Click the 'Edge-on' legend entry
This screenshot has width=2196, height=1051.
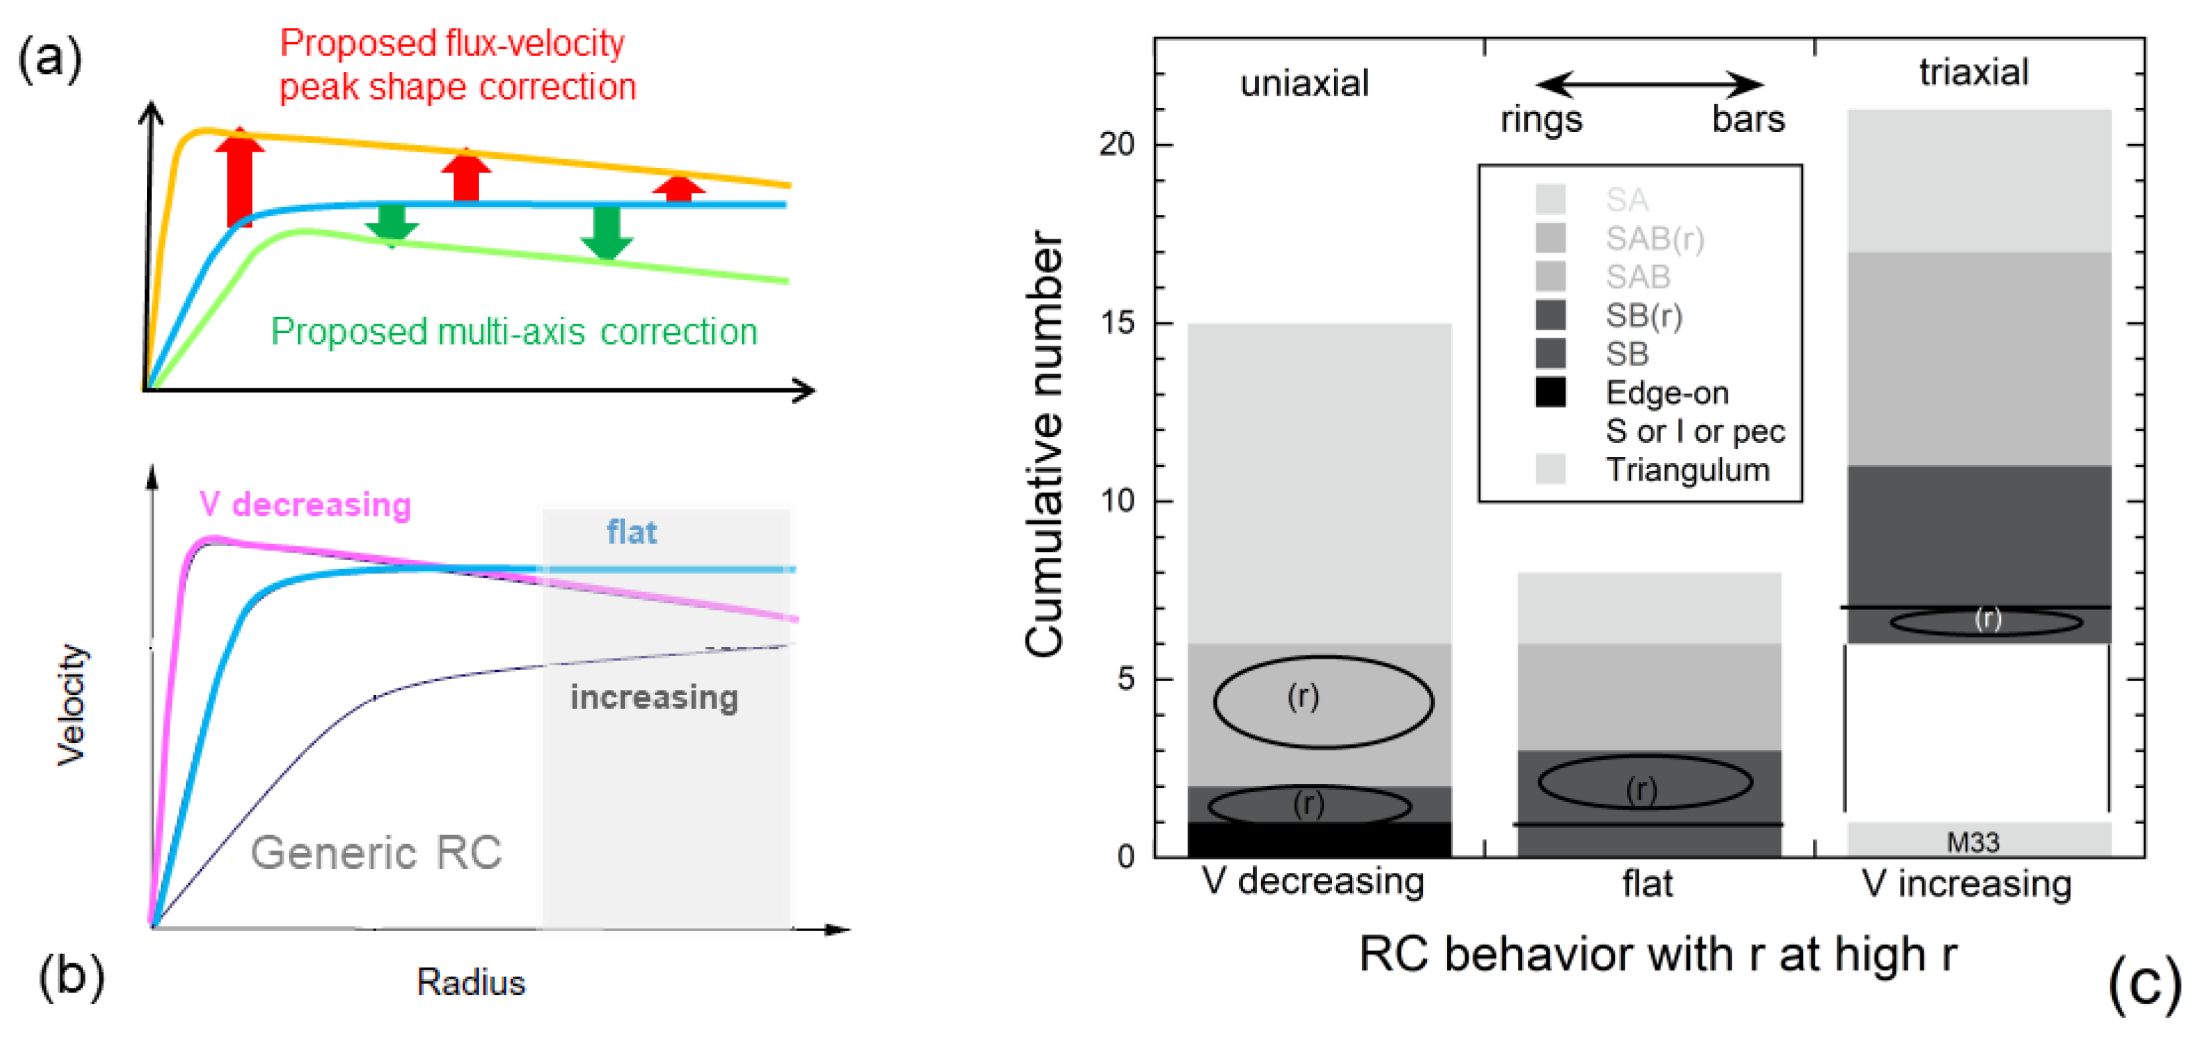[x=1666, y=393]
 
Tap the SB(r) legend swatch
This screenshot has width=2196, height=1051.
[x=1550, y=315]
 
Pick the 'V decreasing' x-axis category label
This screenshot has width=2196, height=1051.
[x=1313, y=882]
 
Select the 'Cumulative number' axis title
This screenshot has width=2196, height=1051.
[x=1045, y=443]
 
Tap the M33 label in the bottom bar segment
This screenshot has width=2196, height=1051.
[x=1972, y=842]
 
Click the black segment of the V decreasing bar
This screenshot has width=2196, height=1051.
[x=1319, y=839]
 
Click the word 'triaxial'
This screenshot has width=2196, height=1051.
[x=1974, y=73]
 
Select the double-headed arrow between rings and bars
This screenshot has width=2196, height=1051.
[x=1649, y=84]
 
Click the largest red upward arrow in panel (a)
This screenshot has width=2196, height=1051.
[x=239, y=177]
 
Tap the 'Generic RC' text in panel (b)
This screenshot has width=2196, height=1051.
[x=376, y=853]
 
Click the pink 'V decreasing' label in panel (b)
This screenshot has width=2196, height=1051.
[x=305, y=504]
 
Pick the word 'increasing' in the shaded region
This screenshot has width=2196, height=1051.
[x=654, y=697]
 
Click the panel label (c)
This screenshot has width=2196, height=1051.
[x=2144, y=984]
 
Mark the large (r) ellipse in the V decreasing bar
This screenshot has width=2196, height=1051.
[x=1323, y=702]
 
